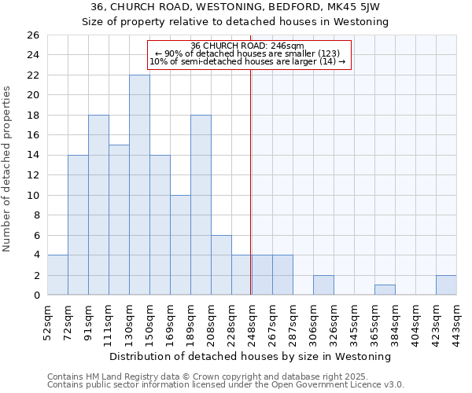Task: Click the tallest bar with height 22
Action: [139, 185]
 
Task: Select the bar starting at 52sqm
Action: [57, 275]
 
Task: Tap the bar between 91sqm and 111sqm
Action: [98, 204]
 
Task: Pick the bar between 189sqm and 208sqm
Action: [201, 204]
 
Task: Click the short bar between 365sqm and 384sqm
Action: [385, 290]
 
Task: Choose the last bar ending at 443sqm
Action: [446, 285]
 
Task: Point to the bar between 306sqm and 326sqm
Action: [323, 285]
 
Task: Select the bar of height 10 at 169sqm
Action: [180, 244]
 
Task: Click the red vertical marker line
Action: [250, 181]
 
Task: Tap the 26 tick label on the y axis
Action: [32, 35]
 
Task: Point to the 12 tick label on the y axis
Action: [32, 175]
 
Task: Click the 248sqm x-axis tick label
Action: [251, 321]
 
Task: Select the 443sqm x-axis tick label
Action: [456, 321]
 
